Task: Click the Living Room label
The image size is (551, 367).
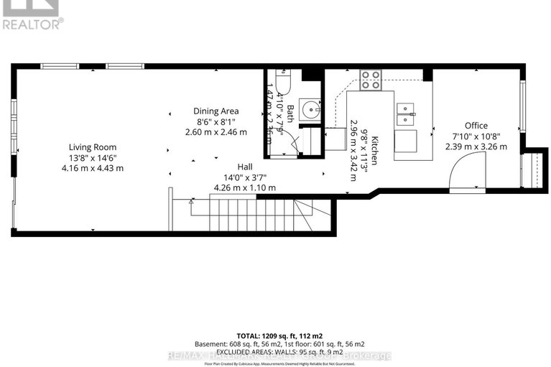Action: pos(93,147)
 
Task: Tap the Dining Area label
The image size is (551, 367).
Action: pos(216,111)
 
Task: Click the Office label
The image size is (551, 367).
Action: pos(476,125)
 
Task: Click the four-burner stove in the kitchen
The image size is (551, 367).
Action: pos(370,79)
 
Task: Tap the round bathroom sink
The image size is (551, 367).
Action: pos(310,111)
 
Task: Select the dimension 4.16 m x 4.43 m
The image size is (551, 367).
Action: pos(93,168)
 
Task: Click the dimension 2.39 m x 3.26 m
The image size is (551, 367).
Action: pos(476,147)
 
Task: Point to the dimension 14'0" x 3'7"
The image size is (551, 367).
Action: pos(244,177)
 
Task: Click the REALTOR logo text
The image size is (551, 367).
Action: pos(32,23)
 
